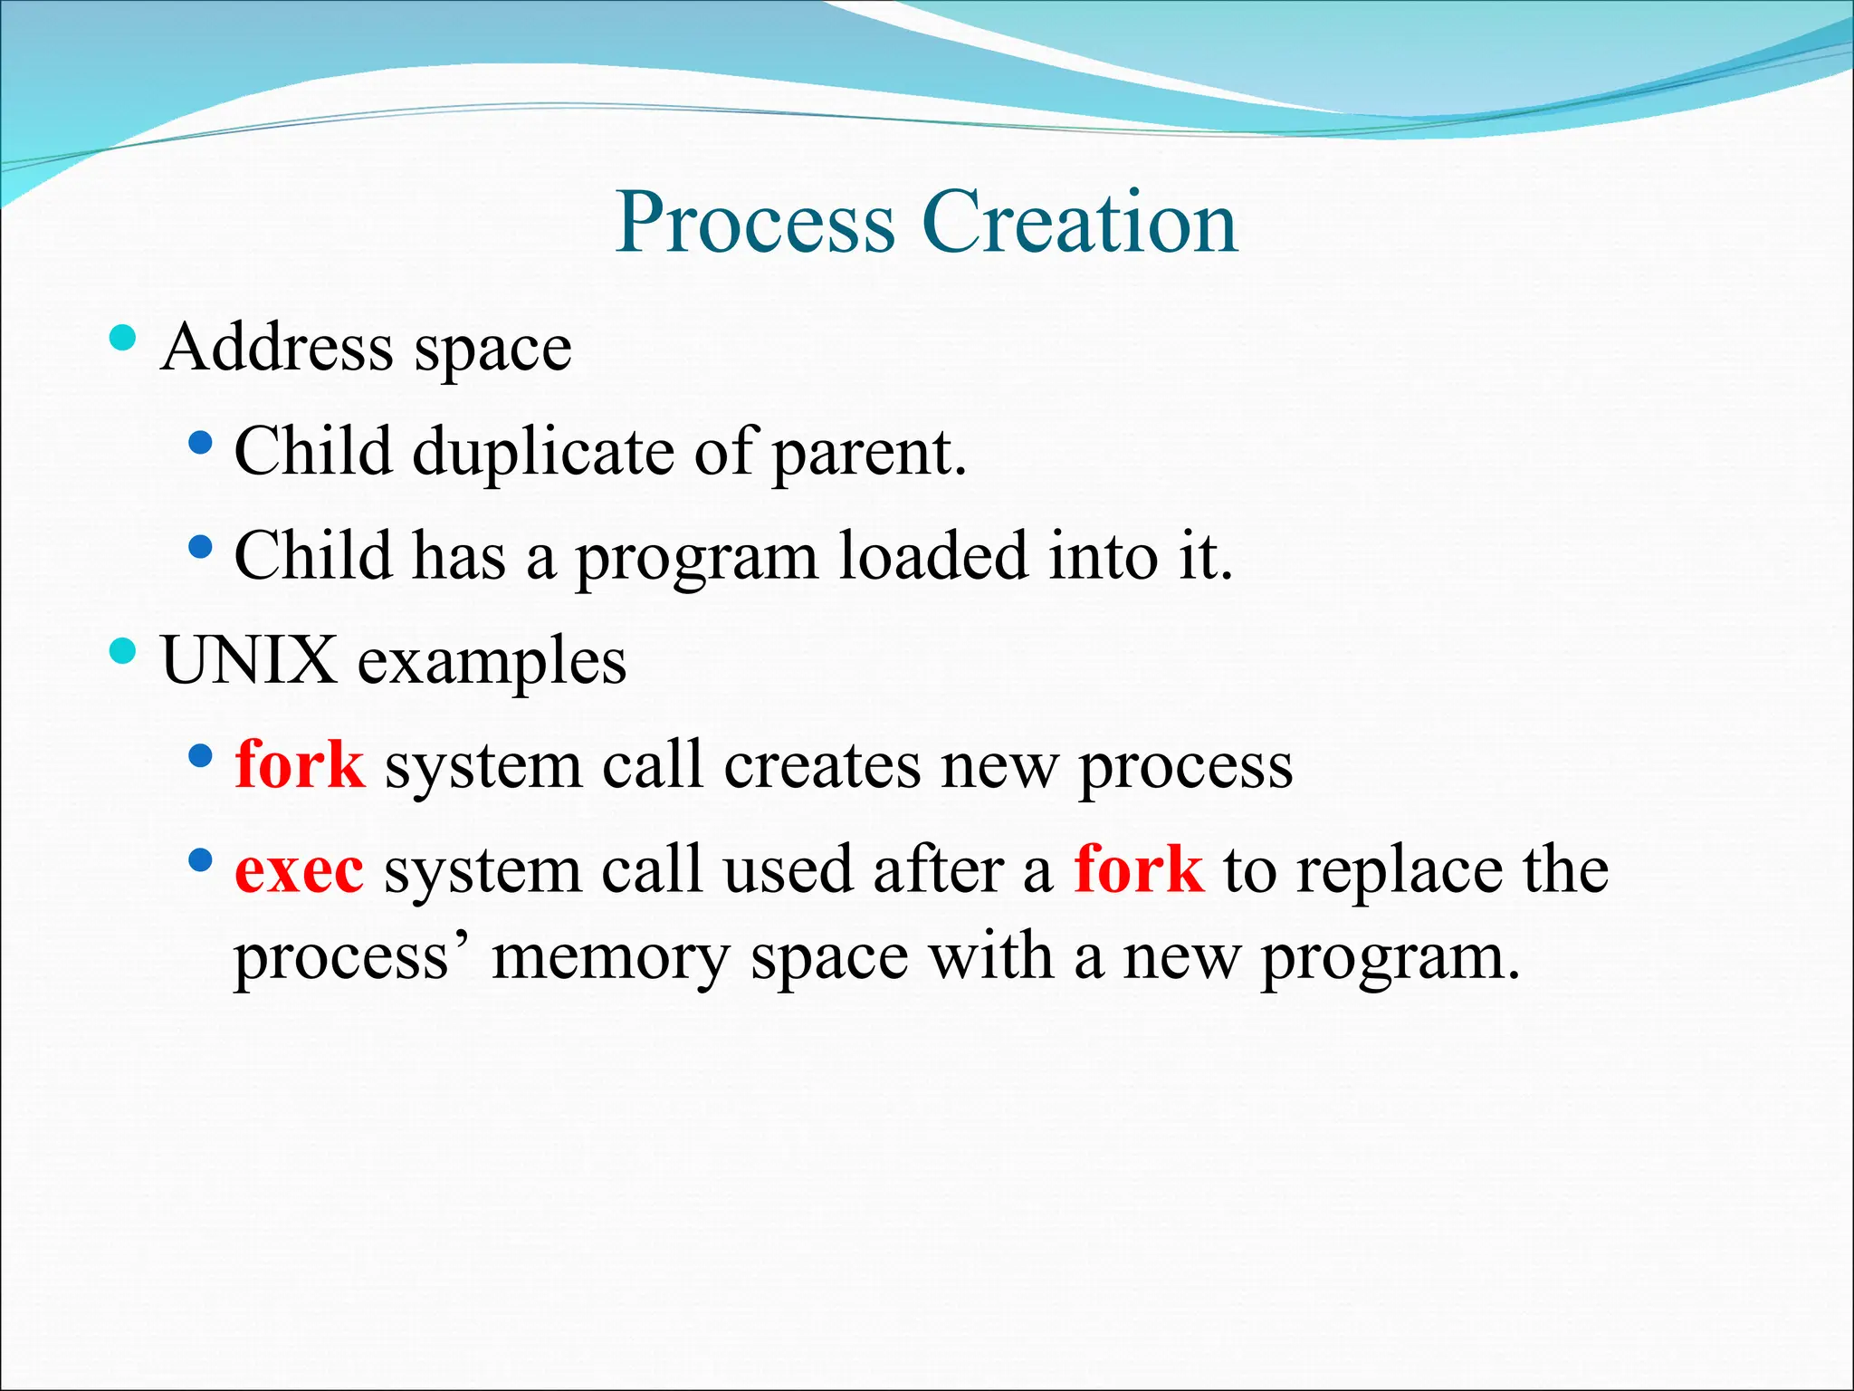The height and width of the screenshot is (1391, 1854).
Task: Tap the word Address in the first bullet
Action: point(277,348)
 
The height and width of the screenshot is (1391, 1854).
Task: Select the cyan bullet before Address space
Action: point(122,339)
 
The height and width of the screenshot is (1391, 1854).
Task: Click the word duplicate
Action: point(543,453)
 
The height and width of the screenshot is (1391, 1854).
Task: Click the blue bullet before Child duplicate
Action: point(201,443)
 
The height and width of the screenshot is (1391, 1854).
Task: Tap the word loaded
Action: point(932,556)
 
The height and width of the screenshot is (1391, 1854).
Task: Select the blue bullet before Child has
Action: point(201,547)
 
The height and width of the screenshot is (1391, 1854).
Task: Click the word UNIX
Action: point(249,661)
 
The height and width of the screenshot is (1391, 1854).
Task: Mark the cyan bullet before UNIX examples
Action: point(122,650)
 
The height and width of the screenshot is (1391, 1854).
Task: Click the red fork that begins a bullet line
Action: point(300,765)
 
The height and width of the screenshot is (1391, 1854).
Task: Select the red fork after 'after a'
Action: point(1138,869)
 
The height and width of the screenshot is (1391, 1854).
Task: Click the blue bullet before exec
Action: point(201,859)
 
